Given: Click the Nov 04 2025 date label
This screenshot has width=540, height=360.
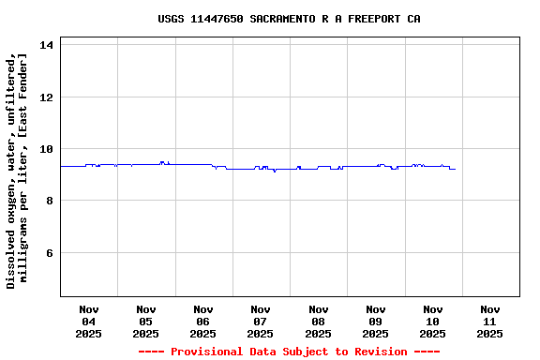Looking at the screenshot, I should coord(88,321).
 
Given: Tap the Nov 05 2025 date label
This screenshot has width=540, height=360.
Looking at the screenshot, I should coord(145,321).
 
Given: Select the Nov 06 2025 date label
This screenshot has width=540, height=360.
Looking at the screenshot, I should coord(202,321).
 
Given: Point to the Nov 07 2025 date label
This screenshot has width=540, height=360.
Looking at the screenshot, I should coord(261,321).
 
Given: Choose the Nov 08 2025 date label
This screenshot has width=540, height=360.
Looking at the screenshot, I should coord(318,321).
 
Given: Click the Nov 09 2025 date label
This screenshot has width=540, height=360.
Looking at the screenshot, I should coord(375,321).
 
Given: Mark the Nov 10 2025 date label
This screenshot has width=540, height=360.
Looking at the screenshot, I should coord(432,321).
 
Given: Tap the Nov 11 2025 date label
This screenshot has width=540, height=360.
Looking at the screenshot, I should coord(489,321).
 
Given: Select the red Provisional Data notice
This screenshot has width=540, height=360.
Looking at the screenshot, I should coord(289,352).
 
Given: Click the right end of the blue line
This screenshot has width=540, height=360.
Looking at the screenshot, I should coord(455,169).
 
